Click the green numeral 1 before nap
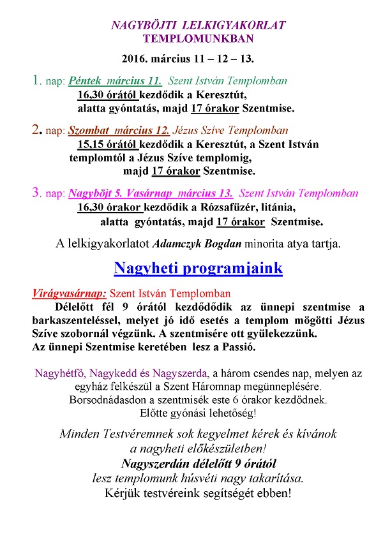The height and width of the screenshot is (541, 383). [x=34, y=81]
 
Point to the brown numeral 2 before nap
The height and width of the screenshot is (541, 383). [x=35, y=130]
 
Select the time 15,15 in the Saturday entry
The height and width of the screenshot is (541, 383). [x=89, y=144]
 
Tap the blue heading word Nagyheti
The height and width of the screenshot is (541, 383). [x=149, y=268]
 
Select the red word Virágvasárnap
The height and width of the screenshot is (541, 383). [x=69, y=294]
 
